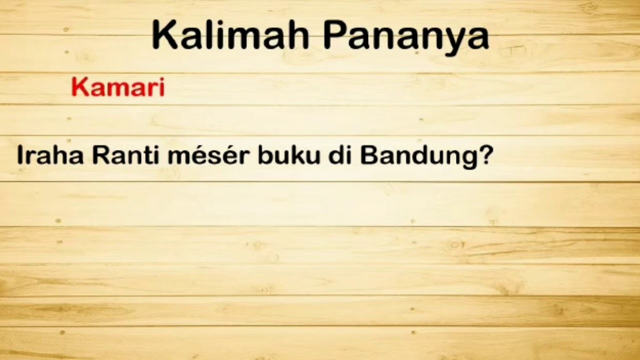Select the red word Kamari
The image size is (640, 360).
118,88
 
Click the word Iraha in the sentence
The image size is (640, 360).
50,155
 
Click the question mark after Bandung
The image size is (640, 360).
484,155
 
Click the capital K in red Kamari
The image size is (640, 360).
80,88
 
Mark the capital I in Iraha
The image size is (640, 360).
20,155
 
